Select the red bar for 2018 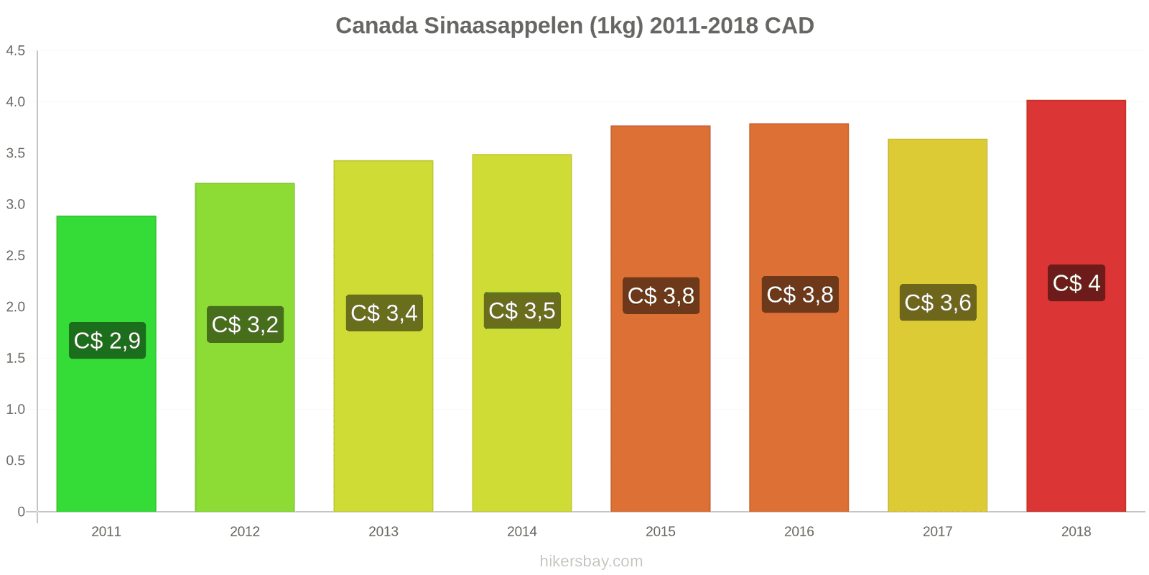tap(1076, 402)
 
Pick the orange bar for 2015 tap(661, 402)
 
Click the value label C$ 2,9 tap(107, 341)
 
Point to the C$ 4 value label tap(1076, 283)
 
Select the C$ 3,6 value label tap(937, 303)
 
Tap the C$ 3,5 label tap(522, 310)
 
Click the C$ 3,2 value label tap(245, 324)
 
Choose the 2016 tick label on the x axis tap(799, 531)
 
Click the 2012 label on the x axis tap(245, 531)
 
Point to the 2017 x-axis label tap(937, 531)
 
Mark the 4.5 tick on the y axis tap(16, 50)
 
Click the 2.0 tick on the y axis tap(16, 307)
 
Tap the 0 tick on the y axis tap(21, 512)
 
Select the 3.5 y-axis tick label tap(16, 153)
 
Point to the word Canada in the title tap(376, 26)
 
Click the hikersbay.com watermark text tap(591, 561)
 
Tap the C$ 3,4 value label tap(383, 313)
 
